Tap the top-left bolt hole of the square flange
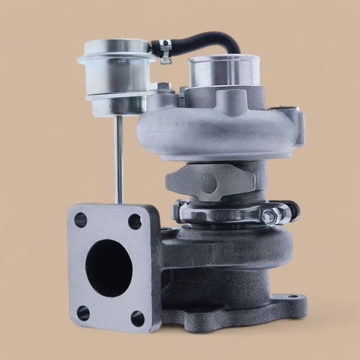(x=80, y=220)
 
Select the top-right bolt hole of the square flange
(x=135, y=221)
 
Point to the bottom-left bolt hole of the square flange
(x=83, y=312)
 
